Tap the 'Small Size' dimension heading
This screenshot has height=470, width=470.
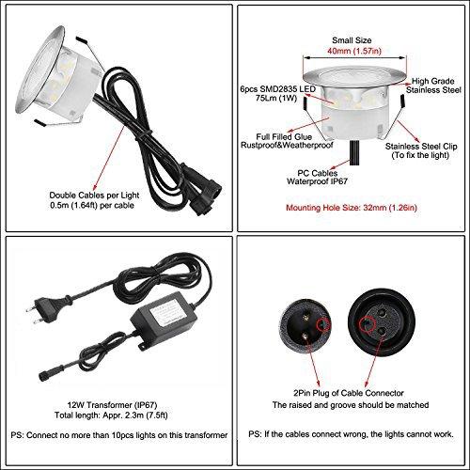tap(352, 41)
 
